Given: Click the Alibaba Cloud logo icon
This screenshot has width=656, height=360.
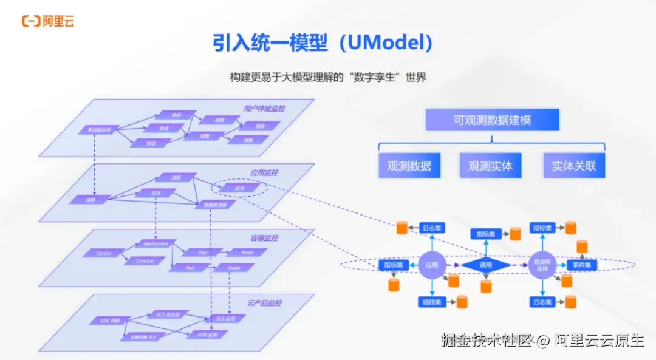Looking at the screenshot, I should pyautogui.click(x=31, y=21).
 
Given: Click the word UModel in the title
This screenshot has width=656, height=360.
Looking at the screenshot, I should pyautogui.click(x=386, y=42).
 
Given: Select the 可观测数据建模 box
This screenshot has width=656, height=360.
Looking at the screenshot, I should pyautogui.click(x=492, y=120).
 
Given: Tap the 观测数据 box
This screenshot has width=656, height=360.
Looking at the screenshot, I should pyautogui.click(x=409, y=165).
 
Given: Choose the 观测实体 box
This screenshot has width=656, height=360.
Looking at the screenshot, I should pyautogui.click(x=490, y=165).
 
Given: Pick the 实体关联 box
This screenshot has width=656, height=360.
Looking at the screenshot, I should pyautogui.click(x=574, y=165).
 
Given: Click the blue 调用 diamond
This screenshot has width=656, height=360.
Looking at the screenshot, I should pyautogui.click(x=485, y=265).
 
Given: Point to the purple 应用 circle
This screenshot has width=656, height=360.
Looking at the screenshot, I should pyautogui.click(x=432, y=265).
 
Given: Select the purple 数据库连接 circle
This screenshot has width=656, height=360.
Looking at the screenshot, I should pyautogui.click(x=541, y=265).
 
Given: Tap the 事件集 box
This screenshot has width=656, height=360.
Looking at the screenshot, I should pyautogui.click(x=583, y=265).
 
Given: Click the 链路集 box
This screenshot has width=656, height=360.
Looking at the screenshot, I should pyautogui.click(x=432, y=301).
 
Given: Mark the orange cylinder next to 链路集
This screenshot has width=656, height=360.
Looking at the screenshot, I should pyautogui.click(x=462, y=301).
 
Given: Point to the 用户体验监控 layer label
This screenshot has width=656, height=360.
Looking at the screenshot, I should pyautogui.click(x=264, y=109).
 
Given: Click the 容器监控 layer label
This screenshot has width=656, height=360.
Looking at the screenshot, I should pyautogui.click(x=265, y=239).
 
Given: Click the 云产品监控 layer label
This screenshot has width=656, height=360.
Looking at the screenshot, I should pyautogui.click(x=265, y=302).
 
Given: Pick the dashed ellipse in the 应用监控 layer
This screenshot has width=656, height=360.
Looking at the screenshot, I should pyautogui.click(x=239, y=188).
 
